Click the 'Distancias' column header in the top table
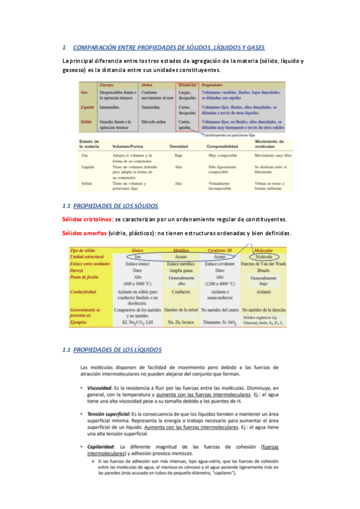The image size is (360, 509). (x=186, y=86)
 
